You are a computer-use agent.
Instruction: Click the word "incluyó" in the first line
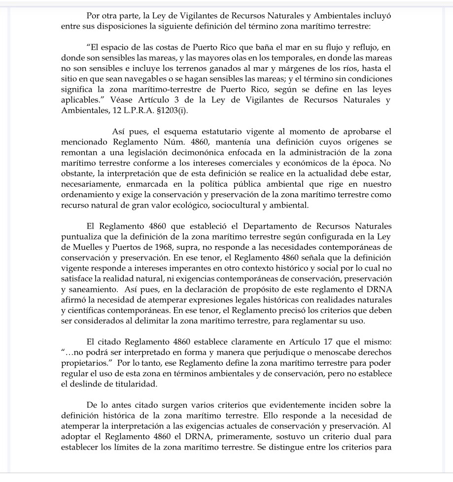[x=377, y=16]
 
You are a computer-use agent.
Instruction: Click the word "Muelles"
[x=88, y=248]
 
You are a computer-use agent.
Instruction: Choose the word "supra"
[x=194, y=248]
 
